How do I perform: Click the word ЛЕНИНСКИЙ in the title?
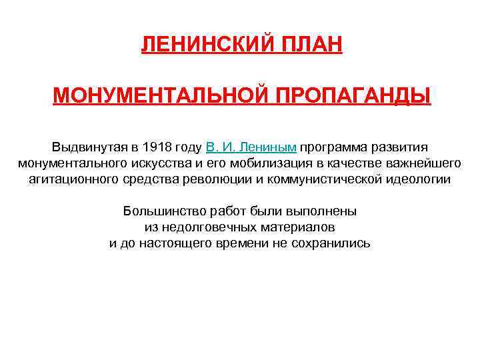[199, 46]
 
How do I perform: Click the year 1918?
[156, 147]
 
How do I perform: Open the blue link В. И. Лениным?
[251, 147]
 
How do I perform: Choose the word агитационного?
[74, 179]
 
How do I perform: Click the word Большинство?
[157, 211]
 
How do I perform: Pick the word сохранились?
[331, 243]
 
